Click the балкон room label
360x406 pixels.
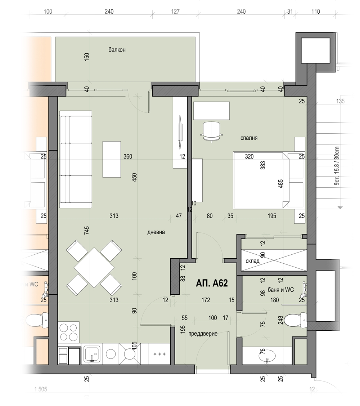point(117,50)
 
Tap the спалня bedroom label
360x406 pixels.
point(249,138)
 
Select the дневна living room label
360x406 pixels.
point(156,232)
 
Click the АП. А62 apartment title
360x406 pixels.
point(212,283)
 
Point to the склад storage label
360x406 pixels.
point(252,261)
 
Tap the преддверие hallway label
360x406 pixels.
point(203,334)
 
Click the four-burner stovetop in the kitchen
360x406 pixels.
point(69,332)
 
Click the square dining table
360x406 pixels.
point(94,268)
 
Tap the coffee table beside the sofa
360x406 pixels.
point(112,159)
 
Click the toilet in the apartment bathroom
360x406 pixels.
point(295,320)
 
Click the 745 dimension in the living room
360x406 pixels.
point(87,231)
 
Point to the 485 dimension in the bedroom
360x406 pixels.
point(280,184)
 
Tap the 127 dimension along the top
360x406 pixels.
point(175,12)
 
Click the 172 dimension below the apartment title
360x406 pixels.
point(206,300)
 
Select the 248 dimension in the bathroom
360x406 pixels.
point(280,320)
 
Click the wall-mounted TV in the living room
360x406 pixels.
point(179,132)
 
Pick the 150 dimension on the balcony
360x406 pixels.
point(87,57)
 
